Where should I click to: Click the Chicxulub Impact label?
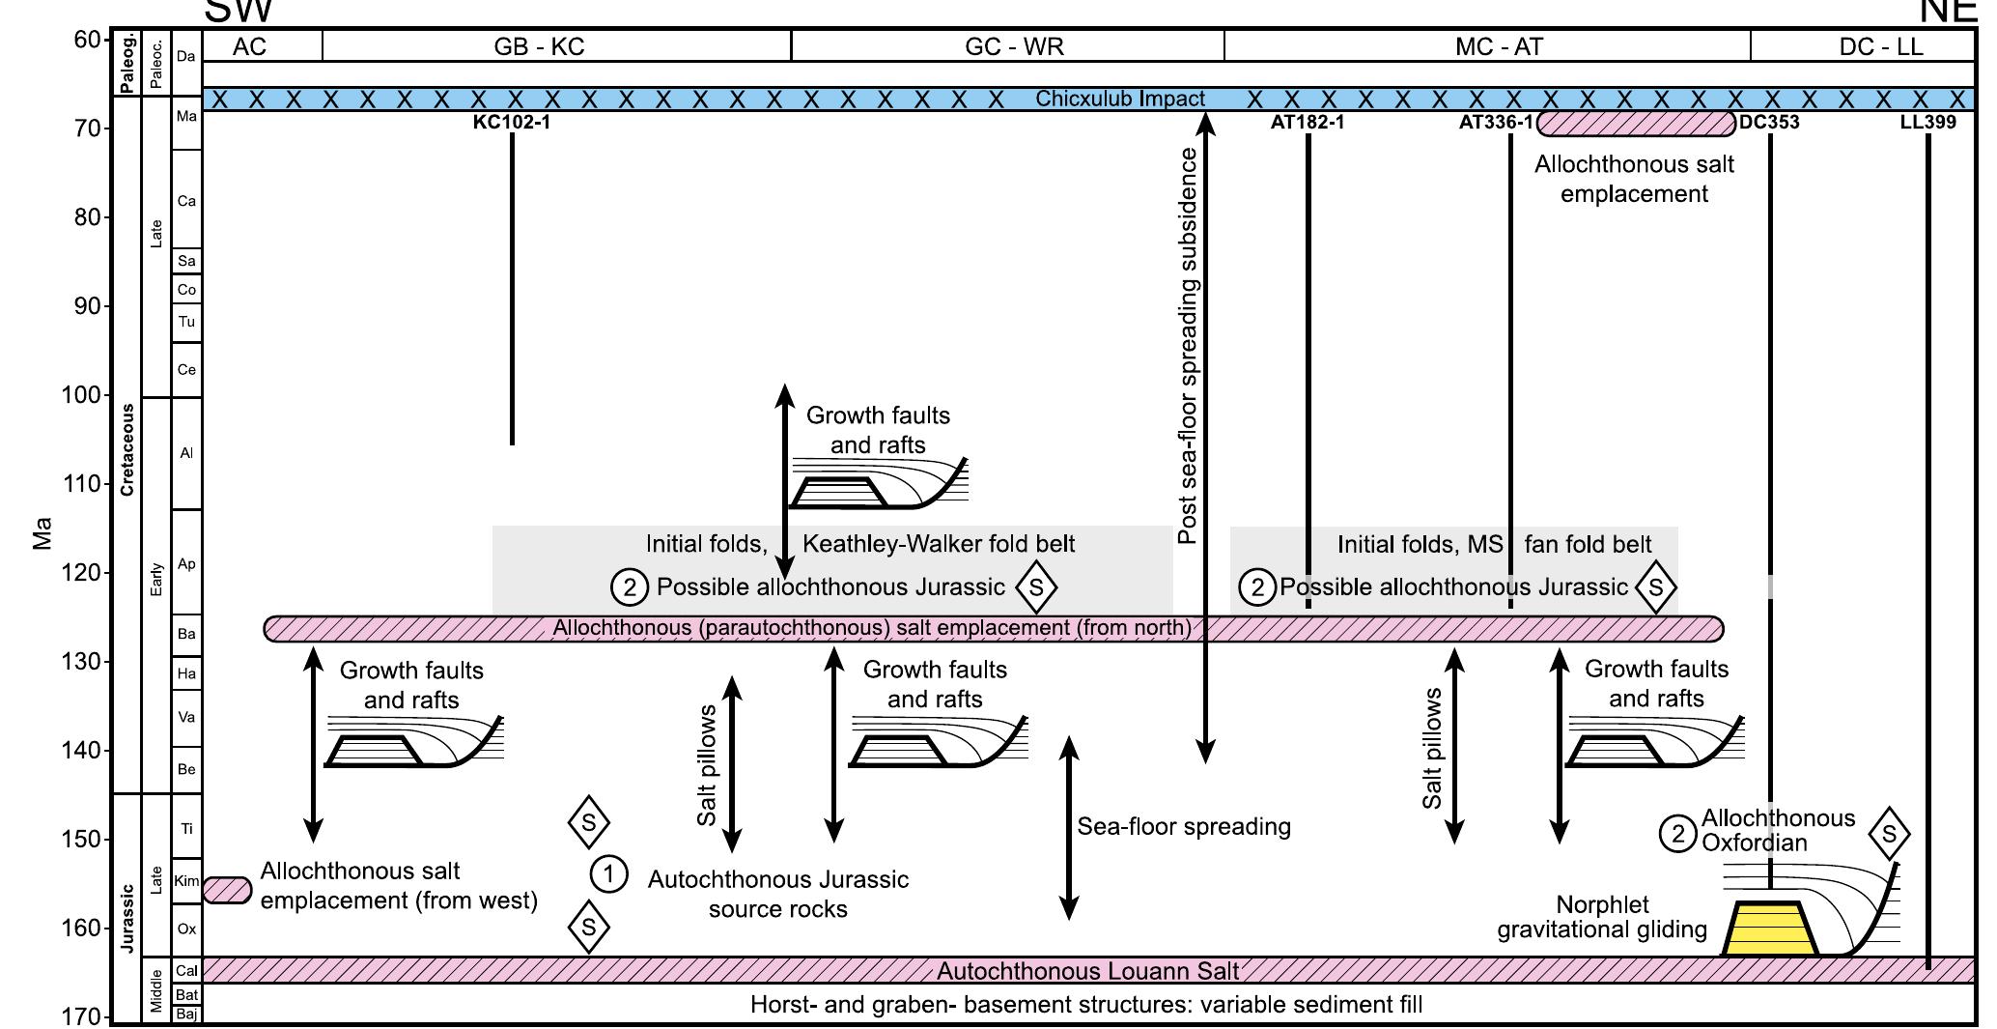point(1119,99)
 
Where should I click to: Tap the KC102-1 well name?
point(511,123)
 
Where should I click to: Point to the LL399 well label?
point(1927,123)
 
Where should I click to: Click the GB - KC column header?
point(539,47)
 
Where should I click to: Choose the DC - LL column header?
point(1880,47)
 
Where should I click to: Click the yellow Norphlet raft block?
point(1770,929)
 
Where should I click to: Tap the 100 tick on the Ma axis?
point(87,395)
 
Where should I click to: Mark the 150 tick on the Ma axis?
point(87,840)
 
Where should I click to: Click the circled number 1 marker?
point(608,874)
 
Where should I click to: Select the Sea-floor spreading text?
point(1183,827)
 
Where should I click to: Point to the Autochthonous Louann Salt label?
point(1086,971)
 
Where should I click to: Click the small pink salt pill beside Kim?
point(228,890)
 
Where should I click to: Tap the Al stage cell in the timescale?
point(186,453)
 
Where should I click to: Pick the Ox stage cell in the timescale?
point(186,929)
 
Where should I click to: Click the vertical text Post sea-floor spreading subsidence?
point(1188,346)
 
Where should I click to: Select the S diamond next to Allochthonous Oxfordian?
point(1889,834)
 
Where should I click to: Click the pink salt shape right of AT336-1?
point(1636,124)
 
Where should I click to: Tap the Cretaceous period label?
point(127,450)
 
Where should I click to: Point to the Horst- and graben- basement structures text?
point(1085,1006)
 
